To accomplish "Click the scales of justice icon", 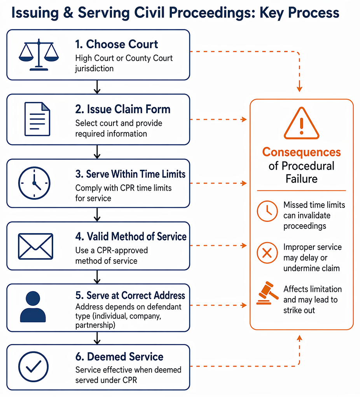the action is pyautogui.click(x=39, y=54).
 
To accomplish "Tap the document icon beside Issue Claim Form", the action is pyautogui.click(x=37, y=119).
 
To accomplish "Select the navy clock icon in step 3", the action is pyautogui.click(x=34, y=183).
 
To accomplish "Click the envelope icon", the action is pyautogui.click(x=36, y=246).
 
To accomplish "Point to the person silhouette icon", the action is pyautogui.click(x=33, y=307).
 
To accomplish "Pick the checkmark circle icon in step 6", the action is pyautogui.click(x=33, y=367).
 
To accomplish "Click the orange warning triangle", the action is pyautogui.click(x=301, y=123).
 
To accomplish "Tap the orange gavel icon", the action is pyautogui.click(x=267, y=293).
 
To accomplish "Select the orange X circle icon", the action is pyautogui.click(x=267, y=253).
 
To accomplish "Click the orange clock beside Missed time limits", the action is pyautogui.click(x=267, y=211).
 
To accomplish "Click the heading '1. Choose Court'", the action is pyautogui.click(x=117, y=44).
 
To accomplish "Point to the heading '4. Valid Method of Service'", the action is pyautogui.click(x=131, y=237).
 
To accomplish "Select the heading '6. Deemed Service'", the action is pyautogui.click(x=119, y=357).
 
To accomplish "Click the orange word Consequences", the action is pyautogui.click(x=301, y=152).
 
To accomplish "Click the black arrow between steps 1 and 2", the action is pyautogui.click(x=97, y=87).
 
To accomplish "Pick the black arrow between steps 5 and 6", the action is pyautogui.click(x=97, y=338).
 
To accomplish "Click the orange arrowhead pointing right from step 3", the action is pyautogui.click(x=244, y=183).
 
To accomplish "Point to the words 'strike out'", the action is pyautogui.click(x=299, y=310).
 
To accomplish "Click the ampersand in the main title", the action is pyautogui.click(x=68, y=12).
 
